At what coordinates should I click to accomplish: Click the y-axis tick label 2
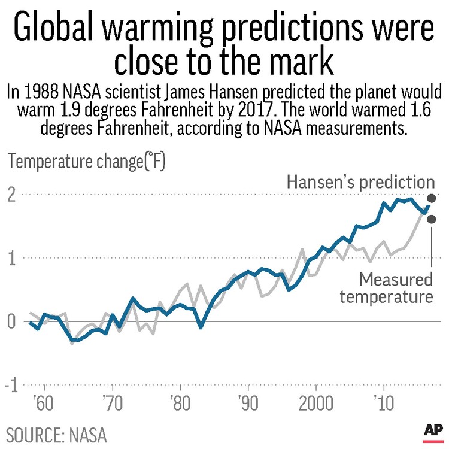click(12, 195)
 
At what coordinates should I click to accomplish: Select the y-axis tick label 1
click(12, 258)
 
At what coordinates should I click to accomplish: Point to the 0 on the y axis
click(12, 322)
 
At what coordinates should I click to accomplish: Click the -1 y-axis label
click(10, 386)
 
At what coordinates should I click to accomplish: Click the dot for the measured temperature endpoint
click(432, 219)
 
